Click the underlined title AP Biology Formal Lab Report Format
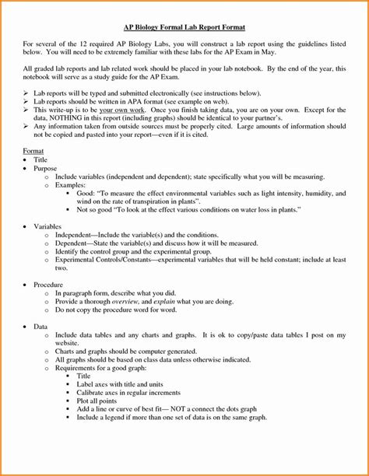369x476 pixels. [184, 27]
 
